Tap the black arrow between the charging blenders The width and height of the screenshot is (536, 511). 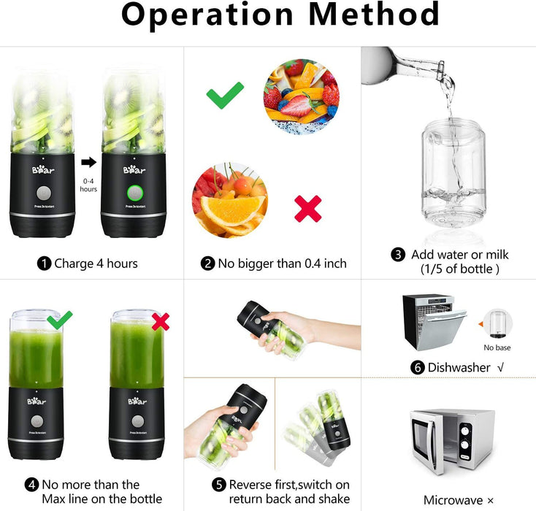[88, 161]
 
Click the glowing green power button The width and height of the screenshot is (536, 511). [134, 193]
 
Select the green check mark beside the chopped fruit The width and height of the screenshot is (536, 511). [225, 95]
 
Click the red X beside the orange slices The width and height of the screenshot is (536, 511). [307, 209]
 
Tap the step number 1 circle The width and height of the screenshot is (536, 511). [44, 264]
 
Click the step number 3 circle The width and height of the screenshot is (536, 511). [398, 255]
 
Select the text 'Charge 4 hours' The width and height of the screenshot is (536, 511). [96, 264]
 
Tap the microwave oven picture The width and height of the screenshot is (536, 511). [452, 442]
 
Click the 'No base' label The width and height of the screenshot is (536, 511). [497, 347]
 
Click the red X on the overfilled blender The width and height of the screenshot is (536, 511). [160, 320]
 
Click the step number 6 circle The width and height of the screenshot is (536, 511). [418, 367]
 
